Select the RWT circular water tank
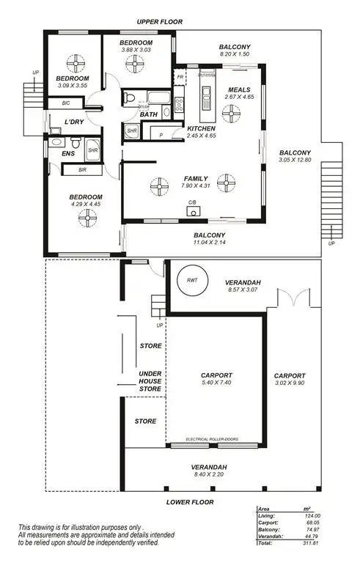click(x=191, y=279)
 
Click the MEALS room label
click(x=240, y=90)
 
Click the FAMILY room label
click(x=195, y=178)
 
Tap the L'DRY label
click(x=73, y=122)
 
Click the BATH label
click(x=149, y=114)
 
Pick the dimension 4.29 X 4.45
click(x=86, y=205)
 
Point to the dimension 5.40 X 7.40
click(x=216, y=382)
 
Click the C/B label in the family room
click(x=192, y=202)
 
